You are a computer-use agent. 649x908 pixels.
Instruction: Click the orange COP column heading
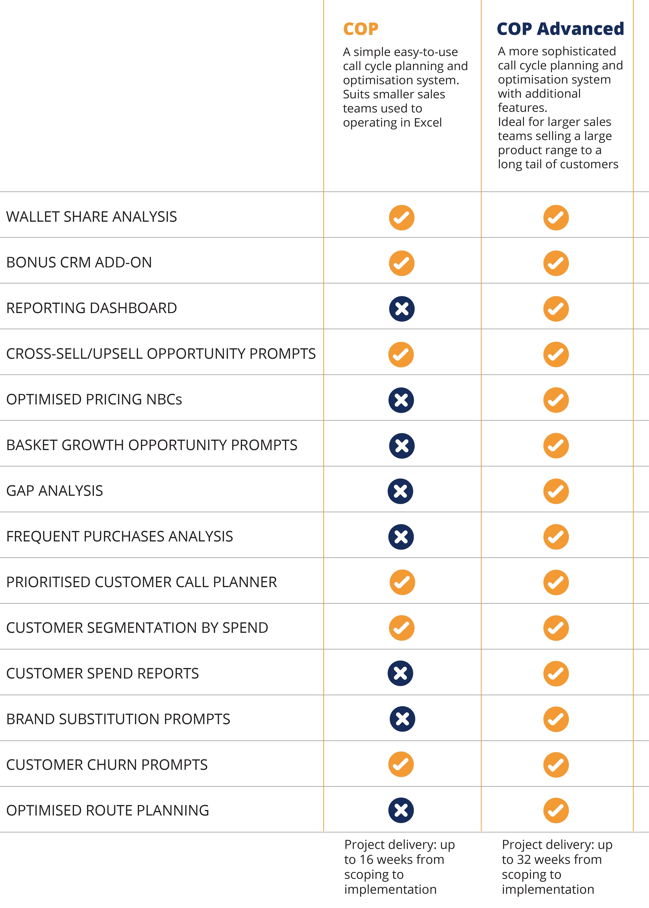[361, 29]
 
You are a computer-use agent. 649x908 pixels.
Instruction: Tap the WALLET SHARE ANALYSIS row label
[92, 217]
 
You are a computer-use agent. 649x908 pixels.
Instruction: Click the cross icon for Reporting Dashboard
[402, 309]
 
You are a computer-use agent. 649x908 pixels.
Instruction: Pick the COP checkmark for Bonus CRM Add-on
[402, 263]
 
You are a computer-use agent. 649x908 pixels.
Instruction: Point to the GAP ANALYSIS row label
[55, 491]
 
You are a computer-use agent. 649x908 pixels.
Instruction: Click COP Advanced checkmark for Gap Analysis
[556, 491]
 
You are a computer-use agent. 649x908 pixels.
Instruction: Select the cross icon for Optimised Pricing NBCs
[401, 400]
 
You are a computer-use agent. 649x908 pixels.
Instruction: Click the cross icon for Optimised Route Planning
[401, 810]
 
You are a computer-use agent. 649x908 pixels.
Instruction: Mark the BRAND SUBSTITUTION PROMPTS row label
[118, 719]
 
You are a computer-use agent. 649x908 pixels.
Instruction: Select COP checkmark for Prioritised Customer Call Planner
[402, 582]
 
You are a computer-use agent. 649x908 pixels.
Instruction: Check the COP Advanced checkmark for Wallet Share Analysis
[556, 218]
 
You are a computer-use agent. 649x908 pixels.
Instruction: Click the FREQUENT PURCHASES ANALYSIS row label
[119, 536]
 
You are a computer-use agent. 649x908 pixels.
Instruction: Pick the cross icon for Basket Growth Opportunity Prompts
[402, 446]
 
